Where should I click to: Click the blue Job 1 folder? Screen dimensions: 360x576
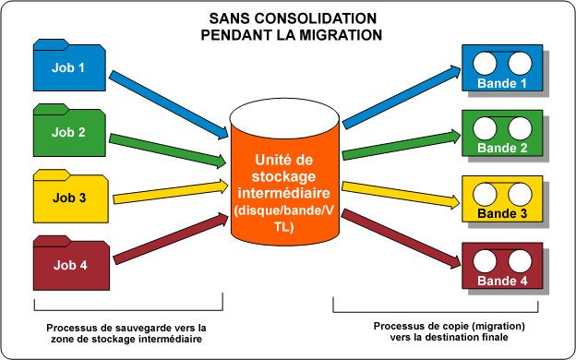click(x=68, y=67)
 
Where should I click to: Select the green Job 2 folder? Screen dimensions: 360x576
click(x=68, y=132)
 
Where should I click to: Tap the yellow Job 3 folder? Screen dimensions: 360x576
click(x=68, y=196)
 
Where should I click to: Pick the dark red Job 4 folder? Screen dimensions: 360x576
click(x=68, y=265)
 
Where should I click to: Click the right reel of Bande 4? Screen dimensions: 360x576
click(x=519, y=261)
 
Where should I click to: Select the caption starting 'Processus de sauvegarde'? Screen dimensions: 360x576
click(x=126, y=333)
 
